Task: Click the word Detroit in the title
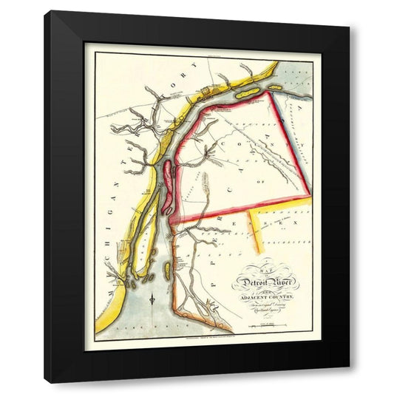[x=250, y=282]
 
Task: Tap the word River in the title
[x=283, y=280]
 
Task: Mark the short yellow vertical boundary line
[x=254, y=226]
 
